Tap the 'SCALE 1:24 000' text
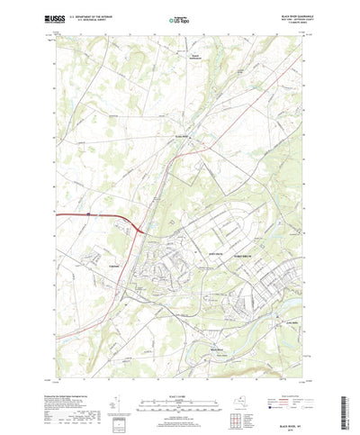(176, 361)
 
